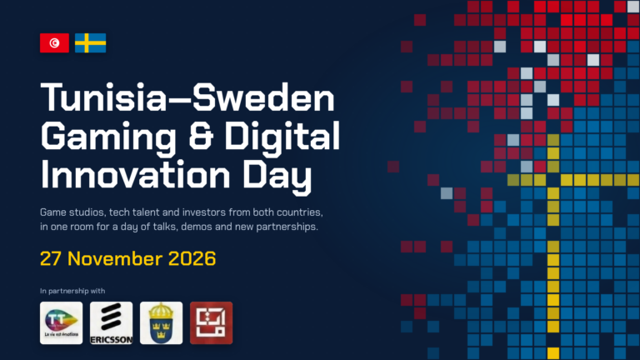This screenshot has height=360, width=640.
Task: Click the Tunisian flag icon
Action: [x=54, y=42]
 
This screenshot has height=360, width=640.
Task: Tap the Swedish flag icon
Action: [x=90, y=42]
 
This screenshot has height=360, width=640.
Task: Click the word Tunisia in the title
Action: [x=103, y=97]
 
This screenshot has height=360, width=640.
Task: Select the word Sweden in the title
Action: [x=263, y=97]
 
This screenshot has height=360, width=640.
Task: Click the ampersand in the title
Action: [x=201, y=136]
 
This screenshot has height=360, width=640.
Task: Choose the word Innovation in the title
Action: [x=136, y=174]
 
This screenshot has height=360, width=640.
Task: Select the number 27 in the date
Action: [x=51, y=259]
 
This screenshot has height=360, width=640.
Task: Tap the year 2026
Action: [x=192, y=259]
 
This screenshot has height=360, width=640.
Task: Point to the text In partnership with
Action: [x=72, y=291]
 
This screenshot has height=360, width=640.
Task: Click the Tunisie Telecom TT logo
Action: [x=61, y=322]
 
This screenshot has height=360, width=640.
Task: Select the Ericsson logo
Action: [x=112, y=322]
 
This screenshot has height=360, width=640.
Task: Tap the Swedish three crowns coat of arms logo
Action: [x=161, y=322]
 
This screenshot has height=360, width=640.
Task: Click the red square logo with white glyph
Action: [x=212, y=322]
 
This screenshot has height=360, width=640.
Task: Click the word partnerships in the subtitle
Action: [x=287, y=227]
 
